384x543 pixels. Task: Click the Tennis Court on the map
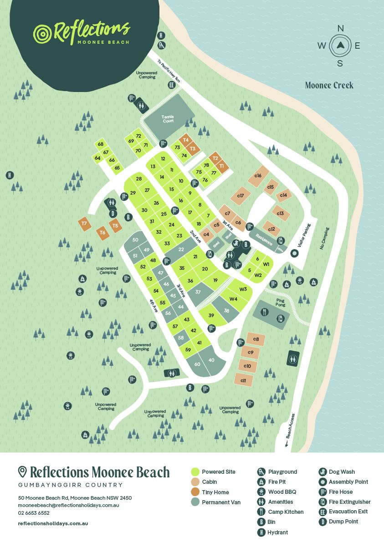tap(168, 118)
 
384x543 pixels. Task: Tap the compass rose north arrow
tap(340, 45)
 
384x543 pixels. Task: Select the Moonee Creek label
tap(329, 85)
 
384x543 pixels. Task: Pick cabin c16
tap(258, 175)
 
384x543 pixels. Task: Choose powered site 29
tap(133, 193)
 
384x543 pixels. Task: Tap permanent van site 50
tap(135, 240)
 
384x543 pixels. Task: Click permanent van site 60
tap(197, 364)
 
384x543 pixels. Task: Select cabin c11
tap(244, 380)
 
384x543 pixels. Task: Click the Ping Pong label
tap(281, 303)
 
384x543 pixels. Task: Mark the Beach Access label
tap(291, 425)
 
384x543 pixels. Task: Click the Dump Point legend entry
tap(343, 522)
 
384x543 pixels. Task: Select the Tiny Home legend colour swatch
tap(195, 492)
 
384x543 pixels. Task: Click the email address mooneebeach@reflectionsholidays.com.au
tap(68, 505)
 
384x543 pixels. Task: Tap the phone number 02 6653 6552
tap(34, 513)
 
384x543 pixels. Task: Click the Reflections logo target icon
tap(43, 33)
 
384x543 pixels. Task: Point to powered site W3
tap(243, 289)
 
